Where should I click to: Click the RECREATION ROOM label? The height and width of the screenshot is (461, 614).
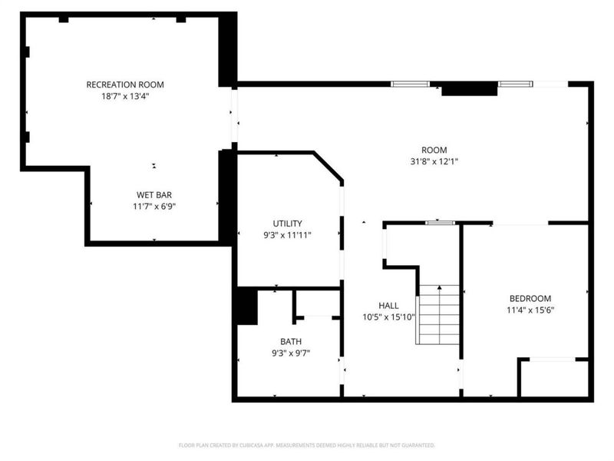pyautogui.click(x=125, y=85)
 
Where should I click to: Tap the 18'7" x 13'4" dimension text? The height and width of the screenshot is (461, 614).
pyautogui.click(x=125, y=97)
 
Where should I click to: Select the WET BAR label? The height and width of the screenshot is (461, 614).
pyautogui.click(x=154, y=195)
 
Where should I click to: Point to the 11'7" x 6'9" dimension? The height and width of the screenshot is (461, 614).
pyautogui.click(x=154, y=207)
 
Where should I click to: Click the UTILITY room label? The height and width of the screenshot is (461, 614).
pyautogui.click(x=287, y=224)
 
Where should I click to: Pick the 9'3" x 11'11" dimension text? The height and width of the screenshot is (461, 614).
pyautogui.click(x=287, y=235)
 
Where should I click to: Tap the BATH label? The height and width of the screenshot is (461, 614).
pyautogui.click(x=291, y=341)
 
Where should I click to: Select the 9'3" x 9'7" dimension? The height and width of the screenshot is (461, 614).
pyautogui.click(x=291, y=353)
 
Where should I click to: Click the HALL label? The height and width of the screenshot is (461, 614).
pyautogui.click(x=389, y=305)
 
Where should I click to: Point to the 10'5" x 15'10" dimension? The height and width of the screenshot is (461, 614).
pyautogui.click(x=389, y=317)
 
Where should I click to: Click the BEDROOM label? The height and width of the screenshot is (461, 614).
pyautogui.click(x=530, y=298)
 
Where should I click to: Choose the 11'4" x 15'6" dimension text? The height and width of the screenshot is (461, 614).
pyautogui.click(x=530, y=310)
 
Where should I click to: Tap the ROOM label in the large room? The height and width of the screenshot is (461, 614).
pyautogui.click(x=434, y=150)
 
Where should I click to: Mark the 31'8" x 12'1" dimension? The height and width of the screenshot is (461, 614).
pyautogui.click(x=434, y=161)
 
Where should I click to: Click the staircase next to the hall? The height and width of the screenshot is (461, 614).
pyautogui.click(x=437, y=315)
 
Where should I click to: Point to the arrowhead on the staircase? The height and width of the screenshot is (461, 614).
pyautogui.click(x=439, y=287)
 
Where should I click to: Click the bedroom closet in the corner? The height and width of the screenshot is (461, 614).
pyautogui.click(x=553, y=378)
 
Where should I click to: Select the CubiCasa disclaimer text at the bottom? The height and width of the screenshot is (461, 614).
pyautogui.click(x=306, y=446)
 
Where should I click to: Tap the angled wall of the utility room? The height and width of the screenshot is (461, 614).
pyautogui.click(x=328, y=167)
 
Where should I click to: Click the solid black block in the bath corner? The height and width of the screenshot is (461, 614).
pyautogui.click(x=247, y=306)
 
